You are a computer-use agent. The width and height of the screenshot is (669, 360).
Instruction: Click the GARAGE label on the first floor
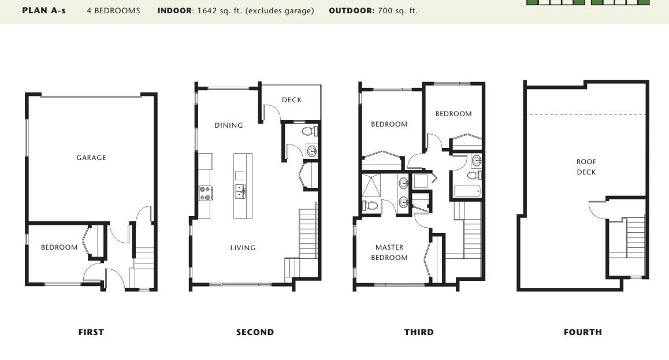(x=91, y=158)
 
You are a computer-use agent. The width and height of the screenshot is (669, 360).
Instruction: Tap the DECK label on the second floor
(x=292, y=100)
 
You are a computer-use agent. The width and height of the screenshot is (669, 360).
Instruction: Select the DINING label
(x=229, y=125)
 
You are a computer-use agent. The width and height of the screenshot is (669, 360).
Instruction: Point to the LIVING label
(x=243, y=248)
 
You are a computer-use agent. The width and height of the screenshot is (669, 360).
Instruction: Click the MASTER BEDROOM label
(x=389, y=253)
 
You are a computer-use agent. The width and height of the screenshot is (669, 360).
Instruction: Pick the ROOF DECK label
(x=586, y=167)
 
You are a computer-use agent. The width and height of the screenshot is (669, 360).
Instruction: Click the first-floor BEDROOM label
(x=60, y=247)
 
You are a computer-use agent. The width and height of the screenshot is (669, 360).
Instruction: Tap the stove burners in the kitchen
(x=206, y=193)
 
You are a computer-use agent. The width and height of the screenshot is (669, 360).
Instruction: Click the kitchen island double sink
(x=240, y=191)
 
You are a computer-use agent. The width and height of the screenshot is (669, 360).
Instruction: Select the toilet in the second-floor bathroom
(x=309, y=131)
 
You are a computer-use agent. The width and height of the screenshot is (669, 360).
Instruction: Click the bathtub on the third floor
(x=467, y=191)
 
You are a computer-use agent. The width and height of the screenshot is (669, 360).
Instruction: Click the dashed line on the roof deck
(x=586, y=114)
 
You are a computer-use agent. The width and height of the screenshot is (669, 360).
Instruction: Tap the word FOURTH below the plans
(x=583, y=332)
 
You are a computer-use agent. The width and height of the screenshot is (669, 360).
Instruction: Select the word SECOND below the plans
(x=255, y=332)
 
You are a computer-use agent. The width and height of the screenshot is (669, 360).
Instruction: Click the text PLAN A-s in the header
(x=44, y=10)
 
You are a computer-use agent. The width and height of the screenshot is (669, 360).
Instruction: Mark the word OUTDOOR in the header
(x=352, y=10)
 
